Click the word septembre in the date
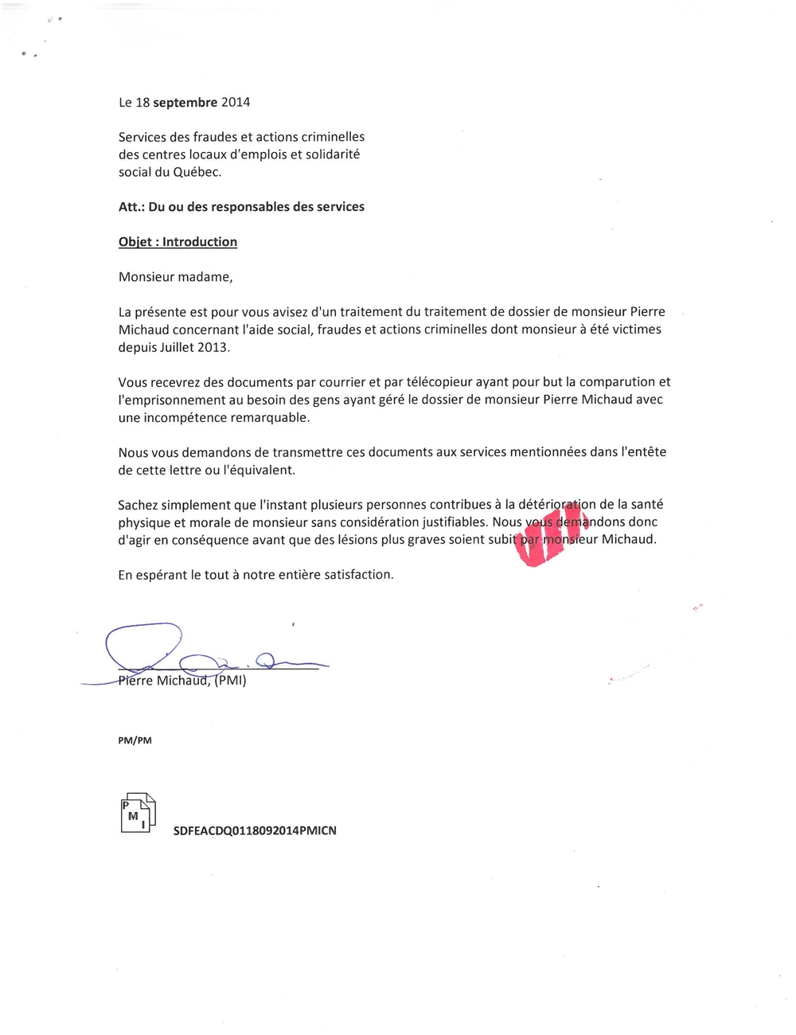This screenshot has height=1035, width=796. [185, 103]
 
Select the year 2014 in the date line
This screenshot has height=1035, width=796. [236, 103]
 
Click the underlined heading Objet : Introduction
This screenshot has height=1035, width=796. [178, 242]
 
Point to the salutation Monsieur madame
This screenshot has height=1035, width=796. [175, 277]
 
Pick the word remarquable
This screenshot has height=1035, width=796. [271, 417]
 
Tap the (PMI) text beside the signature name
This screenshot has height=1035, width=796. [230, 681]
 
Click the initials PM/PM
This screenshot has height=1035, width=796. [135, 740]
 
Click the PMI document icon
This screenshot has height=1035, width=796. [138, 813]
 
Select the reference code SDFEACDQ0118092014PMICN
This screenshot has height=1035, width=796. [255, 830]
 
